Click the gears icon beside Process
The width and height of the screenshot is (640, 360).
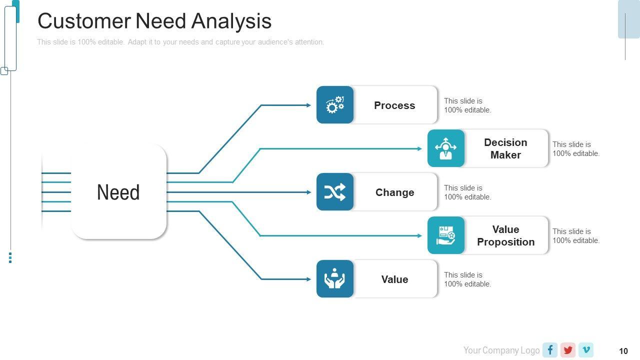coord(335,105)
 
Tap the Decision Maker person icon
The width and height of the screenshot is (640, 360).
coord(445,148)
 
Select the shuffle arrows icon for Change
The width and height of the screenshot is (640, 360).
coord(335,191)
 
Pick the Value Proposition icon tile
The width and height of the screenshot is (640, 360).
coord(445,235)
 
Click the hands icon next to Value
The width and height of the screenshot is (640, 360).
coord(335,278)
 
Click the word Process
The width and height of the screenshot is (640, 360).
coord(394,105)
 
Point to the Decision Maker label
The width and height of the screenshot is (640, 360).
coord(505,148)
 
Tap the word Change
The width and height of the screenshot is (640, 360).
coord(394,192)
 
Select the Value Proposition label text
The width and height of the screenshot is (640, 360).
coord(505,235)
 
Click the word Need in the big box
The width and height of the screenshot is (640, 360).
coord(118,192)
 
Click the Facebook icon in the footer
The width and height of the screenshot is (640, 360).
coord(550,350)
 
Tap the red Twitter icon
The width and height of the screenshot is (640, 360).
coord(568,350)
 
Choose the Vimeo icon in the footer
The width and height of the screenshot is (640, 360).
coord(586,350)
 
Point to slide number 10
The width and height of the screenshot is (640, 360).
coord(623,351)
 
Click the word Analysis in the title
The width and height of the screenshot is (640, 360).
coord(231,21)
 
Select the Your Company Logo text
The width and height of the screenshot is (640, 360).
coord(501,350)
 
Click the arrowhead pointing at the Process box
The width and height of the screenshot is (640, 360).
coord(309,105)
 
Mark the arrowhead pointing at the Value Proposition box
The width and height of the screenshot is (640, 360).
coord(419,235)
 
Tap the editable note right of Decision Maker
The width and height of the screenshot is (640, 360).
coord(575,149)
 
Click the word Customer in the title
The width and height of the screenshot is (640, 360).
coord(84,21)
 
